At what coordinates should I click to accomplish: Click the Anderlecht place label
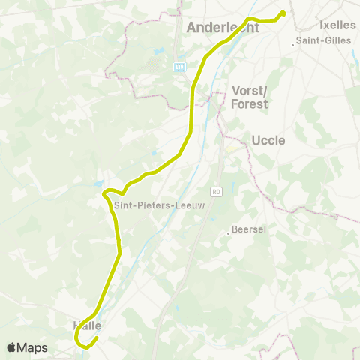pos(222,28)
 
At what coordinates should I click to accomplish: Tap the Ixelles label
pos(337,25)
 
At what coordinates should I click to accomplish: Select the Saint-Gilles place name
pos(324,40)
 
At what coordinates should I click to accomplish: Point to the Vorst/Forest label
pos(250,96)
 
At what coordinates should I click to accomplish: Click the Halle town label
pos(87,325)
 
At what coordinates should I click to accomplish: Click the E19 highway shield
pos(179,66)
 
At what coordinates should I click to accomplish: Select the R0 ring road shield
pos(217,192)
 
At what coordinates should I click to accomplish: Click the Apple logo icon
pos(12,347)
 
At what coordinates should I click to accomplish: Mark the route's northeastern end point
pos(283,13)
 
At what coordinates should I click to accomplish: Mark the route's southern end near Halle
pos(96,337)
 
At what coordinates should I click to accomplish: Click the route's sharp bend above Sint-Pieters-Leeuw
pos(104,193)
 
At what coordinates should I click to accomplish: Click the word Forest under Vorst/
pos(250,103)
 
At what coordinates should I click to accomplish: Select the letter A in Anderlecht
pos(191,28)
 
